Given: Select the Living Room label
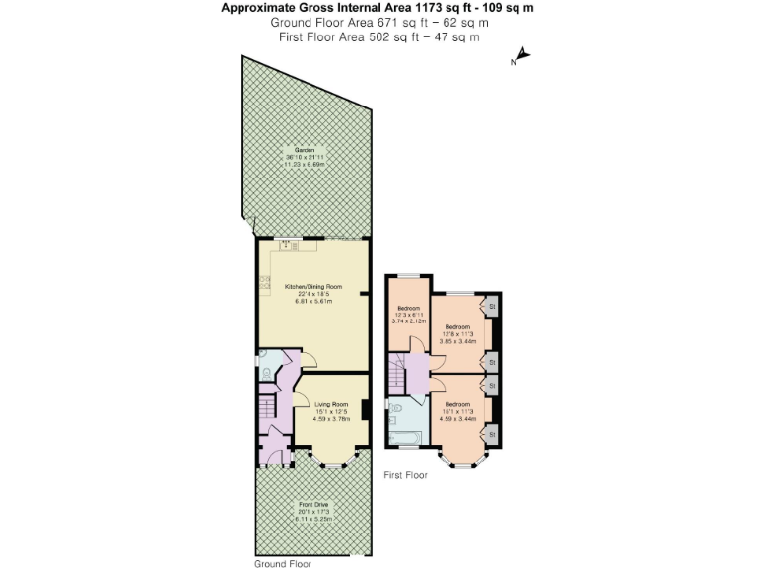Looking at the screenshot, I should coord(331,408).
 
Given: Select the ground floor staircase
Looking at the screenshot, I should coord(265,407).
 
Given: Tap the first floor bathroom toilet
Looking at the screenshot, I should coord(394,407).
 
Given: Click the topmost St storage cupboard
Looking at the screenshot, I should coord(490,306).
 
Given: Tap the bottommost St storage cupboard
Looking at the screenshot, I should coord(490,433).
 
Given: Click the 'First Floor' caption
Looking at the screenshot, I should coord(405,475).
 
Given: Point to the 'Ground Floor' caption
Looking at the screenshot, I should coord(281,562).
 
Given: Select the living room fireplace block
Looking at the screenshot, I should coord(366,409).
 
